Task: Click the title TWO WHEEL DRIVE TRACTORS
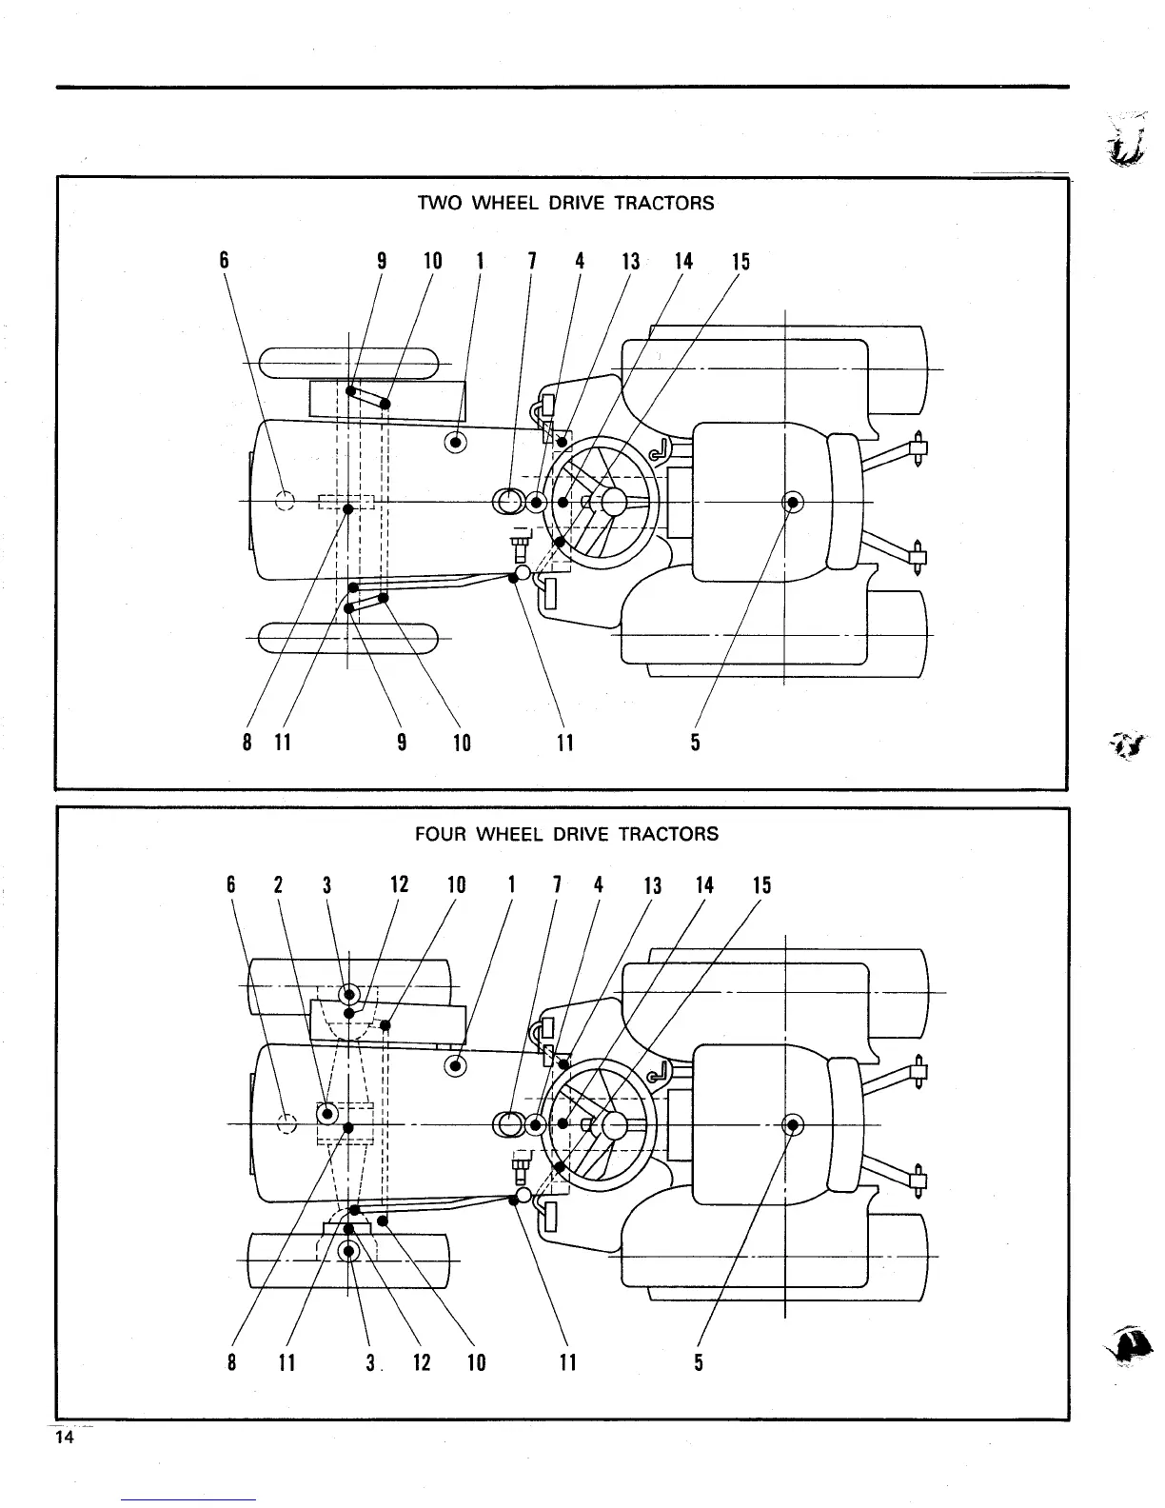point(565,203)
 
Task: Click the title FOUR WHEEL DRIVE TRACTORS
point(566,834)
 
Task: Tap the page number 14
point(64,1438)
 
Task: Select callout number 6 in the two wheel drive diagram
point(225,261)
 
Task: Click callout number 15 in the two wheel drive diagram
point(740,261)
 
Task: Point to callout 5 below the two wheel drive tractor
point(696,742)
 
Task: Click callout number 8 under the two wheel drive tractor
point(247,742)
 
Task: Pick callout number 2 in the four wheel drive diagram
point(278,884)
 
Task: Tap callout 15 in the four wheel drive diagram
point(761,884)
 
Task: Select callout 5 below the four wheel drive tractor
point(699,1362)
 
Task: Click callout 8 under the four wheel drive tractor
point(232,1362)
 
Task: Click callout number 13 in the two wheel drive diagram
point(631,261)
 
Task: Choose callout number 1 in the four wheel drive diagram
point(512,884)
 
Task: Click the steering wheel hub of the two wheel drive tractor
point(612,501)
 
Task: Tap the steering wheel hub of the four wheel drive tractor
point(613,1125)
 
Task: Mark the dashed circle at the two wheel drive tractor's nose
point(285,501)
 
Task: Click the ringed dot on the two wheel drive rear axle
point(793,502)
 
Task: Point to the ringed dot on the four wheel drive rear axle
point(792,1125)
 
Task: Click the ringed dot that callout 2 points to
point(328,1113)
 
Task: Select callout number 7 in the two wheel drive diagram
point(532,261)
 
